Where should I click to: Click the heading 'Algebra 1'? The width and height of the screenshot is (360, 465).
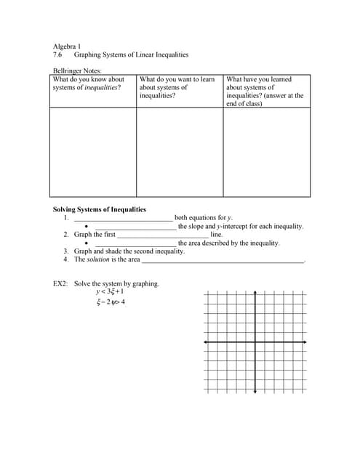67,46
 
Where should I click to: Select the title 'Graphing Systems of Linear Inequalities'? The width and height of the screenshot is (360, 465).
131,54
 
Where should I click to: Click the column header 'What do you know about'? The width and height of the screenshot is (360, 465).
88,79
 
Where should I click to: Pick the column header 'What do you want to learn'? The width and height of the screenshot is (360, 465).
177,79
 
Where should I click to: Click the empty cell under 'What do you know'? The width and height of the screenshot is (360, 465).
93,153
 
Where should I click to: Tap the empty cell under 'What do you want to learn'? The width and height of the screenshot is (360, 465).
180,153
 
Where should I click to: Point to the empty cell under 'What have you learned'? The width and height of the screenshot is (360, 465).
267,153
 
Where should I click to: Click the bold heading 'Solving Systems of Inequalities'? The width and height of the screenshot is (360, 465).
100,209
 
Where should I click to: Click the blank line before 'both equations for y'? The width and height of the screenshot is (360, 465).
124,219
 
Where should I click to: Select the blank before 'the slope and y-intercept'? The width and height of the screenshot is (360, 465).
135,227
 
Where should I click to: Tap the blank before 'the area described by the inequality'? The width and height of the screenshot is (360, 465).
135,244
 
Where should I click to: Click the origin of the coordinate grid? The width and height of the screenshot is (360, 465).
256,341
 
